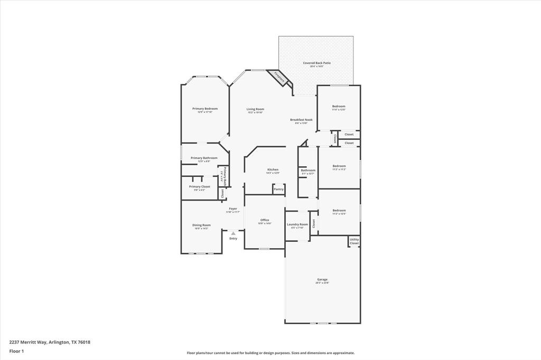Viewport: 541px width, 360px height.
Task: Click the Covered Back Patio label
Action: pyautogui.click(x=316, y=63)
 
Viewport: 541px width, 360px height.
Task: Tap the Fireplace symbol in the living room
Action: pyautogui.click(x=279, y=77)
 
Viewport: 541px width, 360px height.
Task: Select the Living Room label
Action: pyautogui.click(x=255, y=109)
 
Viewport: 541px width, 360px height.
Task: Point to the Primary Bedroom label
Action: pyautogui.click(x=204, y=109)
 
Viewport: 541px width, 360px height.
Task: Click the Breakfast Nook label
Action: pyautogui.click(x=301, y=120)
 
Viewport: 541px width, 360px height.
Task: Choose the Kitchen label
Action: pyautogui.click(x=273, y=169)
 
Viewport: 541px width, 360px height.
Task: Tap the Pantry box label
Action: pyautogui.click(x=278, y=189)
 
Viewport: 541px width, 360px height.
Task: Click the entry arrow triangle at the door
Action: pyautogui.click(x=233, y=233)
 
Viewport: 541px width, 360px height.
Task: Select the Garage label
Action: pyautogui.click(x=322, y=279)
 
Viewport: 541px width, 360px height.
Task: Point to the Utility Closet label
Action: pyautogui.click(x=354, y=241)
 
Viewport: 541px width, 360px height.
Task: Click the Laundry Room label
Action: pyautogui.click(x=297, y=224)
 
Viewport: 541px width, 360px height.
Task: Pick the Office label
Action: pyautogui.click(x=265, y=220)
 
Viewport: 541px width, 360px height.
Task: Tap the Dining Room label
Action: pyautogui.click(x=201, y=225)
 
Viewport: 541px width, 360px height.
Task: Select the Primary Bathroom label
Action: pyautogui.click(x=204, y=158)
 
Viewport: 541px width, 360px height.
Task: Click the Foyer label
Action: pyautogui.click(x=233, y=209)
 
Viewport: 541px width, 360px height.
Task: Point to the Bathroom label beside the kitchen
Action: pyautogui.click(x=308, y=170)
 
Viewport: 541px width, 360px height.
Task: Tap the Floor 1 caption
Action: pyautogui.click(x=16, y=351)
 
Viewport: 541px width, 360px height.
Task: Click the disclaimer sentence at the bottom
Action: pyautogui.click(x=270, y=353)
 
